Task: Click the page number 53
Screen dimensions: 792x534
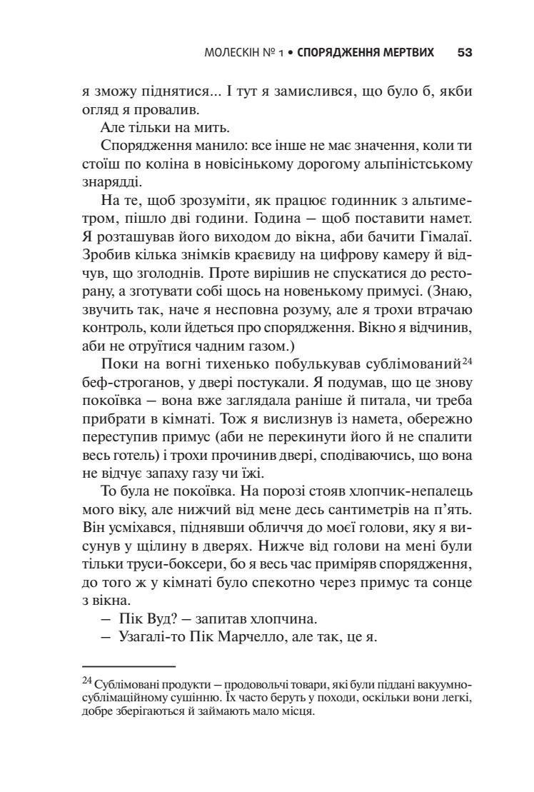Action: click(465, 53)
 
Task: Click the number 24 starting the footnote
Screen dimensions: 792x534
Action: click(88, 679)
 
